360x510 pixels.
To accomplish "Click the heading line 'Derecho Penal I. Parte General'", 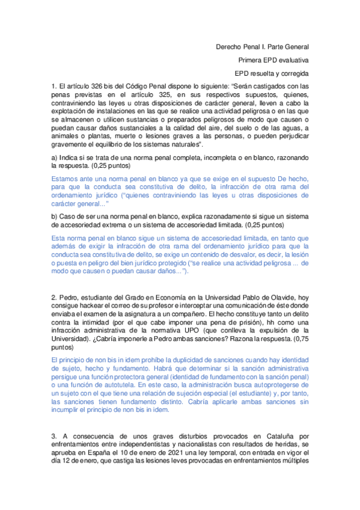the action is [262, 46].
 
